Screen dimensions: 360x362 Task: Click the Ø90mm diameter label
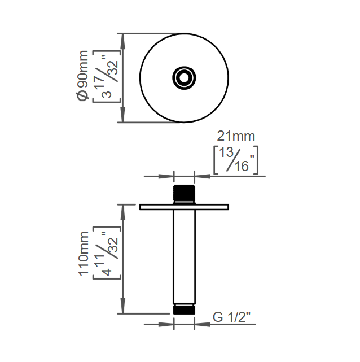click(x=82, y=76)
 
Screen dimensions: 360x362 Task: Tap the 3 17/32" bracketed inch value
click(x=107, y=76)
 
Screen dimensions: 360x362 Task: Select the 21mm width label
click(x=236, y=136)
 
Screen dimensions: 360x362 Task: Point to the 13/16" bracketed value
click(x=236, y=160)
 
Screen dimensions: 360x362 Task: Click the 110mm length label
click(x=84, y=254)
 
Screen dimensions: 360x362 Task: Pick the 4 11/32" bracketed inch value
click(x=107, y=253)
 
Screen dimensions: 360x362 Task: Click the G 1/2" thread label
click(x=231, y=317)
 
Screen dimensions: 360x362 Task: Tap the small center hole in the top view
click(x=184, y=78)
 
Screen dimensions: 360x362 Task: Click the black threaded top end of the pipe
click(x=184, y=193)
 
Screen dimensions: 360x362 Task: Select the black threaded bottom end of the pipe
click(x=184, y=309)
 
